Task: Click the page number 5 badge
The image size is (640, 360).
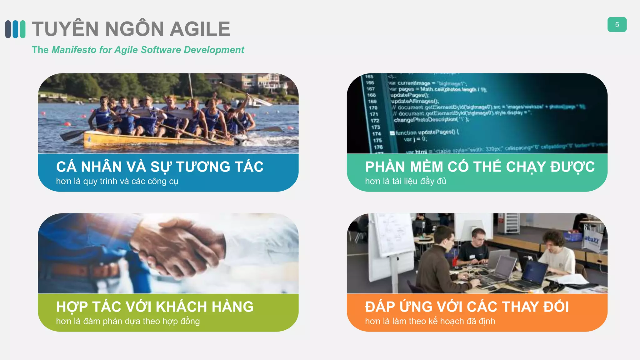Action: pos(617,25)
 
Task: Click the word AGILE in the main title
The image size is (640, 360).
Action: pos(200,29)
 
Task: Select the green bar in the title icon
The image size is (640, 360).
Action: pos(22,29)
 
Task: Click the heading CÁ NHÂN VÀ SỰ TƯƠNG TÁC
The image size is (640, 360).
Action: pos(160,167)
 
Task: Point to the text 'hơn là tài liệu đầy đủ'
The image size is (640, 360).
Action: pos(405,181)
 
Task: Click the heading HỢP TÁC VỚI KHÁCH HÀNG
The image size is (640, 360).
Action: pos(155,307)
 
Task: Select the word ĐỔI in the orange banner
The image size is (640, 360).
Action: pos(556,307)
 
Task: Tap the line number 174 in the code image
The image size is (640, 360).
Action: pos(376,134)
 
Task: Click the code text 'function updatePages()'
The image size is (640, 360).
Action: pos(425,132)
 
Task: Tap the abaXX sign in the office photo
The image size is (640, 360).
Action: pos(592,240)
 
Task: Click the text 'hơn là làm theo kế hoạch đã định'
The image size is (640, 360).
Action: pos(430,321)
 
